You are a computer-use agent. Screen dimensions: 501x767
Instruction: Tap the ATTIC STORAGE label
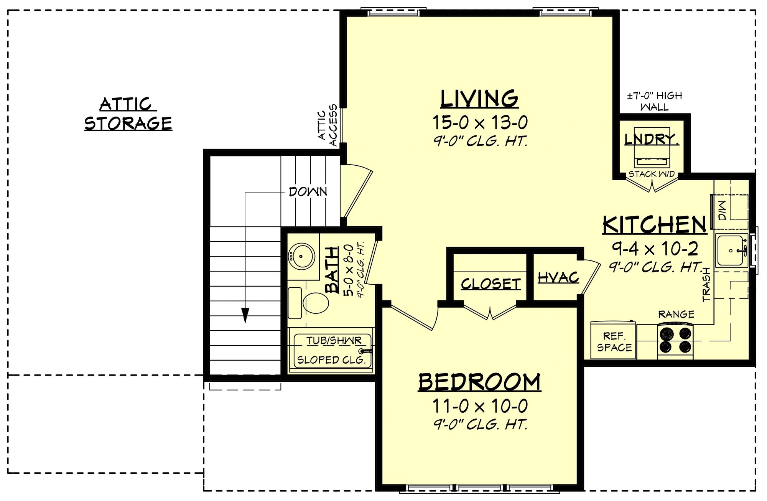[128, 114]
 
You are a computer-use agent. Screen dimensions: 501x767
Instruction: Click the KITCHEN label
[654, 225]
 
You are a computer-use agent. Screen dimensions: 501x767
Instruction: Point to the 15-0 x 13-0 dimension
[480, 123]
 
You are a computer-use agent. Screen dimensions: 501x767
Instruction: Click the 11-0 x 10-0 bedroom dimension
[480, 406]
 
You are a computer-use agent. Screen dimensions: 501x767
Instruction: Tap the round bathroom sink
[301, 255]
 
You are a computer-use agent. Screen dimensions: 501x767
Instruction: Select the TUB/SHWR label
[333, 341]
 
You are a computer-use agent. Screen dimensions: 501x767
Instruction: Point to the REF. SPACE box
[614, 341]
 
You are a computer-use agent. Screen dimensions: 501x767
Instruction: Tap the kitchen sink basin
[731, 250]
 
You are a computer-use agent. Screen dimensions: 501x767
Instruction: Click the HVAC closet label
[558, 277]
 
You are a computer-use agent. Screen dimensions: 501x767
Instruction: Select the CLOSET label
[490, 284]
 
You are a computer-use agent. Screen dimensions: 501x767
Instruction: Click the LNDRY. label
[651, 139]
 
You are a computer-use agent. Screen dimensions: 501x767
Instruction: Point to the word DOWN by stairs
[308, 192]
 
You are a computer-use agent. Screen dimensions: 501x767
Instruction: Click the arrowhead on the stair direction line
[245, 315]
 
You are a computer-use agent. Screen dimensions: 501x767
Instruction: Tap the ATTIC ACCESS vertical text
[328, 125]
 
